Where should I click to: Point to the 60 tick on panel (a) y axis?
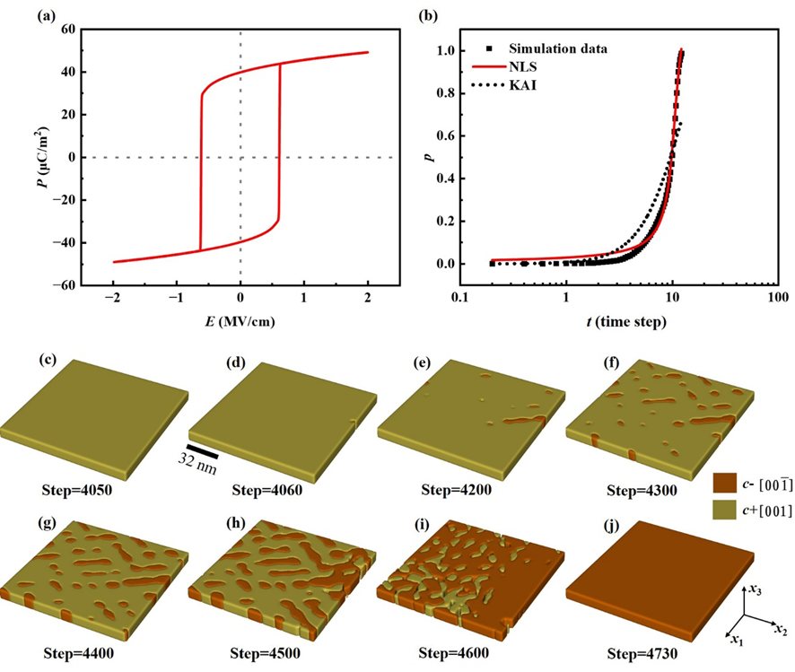pyautogui.click(x=64, y=29)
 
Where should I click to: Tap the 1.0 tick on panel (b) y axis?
pyautogui.click(x=449, y=50)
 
